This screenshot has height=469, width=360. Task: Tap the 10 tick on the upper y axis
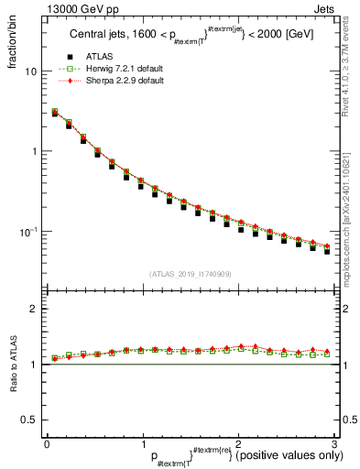coord(30,71)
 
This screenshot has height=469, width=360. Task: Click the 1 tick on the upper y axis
coord(33,151)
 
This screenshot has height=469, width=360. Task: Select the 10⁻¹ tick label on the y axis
coord(27,231)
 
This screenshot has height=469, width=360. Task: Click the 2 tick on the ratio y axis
coord(33,310)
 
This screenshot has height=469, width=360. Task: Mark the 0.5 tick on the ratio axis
coord(27,420)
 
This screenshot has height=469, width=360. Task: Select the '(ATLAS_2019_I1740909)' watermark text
coord(190,274)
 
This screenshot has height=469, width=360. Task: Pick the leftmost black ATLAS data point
coord(54,114)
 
